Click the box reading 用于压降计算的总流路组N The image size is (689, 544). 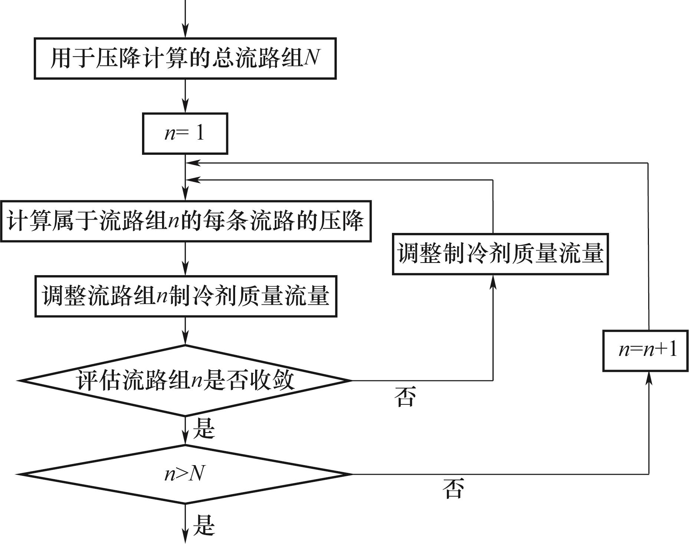185,59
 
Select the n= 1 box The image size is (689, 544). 185,133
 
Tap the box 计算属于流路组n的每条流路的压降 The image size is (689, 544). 185,221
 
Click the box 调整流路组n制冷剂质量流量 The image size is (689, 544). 186,296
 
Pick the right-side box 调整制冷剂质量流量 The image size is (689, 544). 500,254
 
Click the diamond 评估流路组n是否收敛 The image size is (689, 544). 185,380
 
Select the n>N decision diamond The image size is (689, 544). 185,474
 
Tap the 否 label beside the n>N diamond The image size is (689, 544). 453,489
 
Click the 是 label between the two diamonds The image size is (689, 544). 204,429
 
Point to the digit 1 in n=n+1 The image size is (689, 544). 672,350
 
